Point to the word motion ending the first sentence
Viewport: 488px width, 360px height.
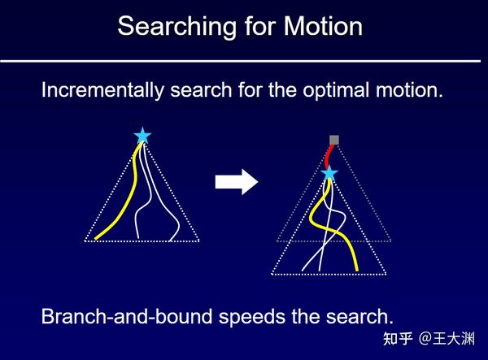coord(411,90)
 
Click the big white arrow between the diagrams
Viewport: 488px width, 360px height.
coord(236,181)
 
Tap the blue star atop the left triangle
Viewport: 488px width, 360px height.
coord(142,137)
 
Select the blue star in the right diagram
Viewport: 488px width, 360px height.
coord(329,173)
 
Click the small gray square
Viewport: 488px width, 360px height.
coord(334,140)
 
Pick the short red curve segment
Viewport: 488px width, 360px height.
coord(329,154)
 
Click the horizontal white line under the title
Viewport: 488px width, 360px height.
coord(244,61)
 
